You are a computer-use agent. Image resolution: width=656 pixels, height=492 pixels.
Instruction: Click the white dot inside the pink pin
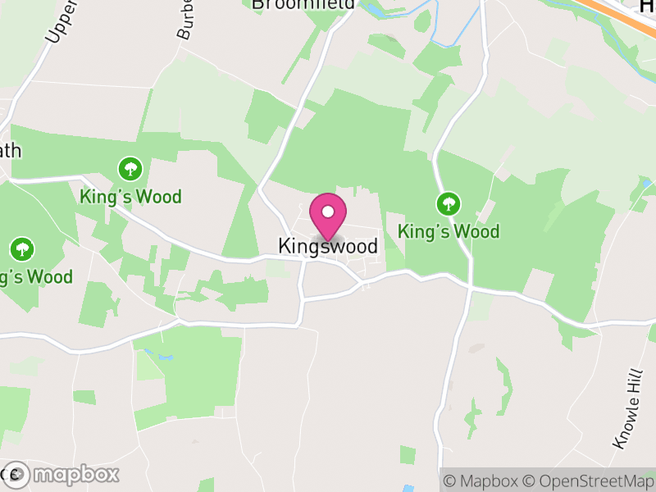[x=328, y=212]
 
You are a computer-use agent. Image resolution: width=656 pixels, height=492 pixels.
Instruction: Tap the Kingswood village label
[x=328, y=246]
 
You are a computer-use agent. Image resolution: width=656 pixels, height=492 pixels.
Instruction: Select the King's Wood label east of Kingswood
[x=449, y=232]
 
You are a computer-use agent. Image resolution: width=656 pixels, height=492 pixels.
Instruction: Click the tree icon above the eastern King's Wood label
[x=448, y=203]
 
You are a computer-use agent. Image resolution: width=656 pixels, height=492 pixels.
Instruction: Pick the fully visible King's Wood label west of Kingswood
[x=131, y=198]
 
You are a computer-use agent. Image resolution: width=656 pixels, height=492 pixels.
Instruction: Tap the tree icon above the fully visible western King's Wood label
[x=130, y=170]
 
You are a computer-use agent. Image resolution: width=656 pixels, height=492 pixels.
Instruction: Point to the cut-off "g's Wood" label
[x=36, y=276]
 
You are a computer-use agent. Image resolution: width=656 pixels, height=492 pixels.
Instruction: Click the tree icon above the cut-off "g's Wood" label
[x=22, y=248]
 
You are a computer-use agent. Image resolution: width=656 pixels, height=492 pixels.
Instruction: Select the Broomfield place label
[x=303, y=5]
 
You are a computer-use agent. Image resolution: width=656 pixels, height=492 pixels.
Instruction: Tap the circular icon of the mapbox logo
[x=17, y=474]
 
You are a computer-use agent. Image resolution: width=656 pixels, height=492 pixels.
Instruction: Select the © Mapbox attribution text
[x=484, y=481]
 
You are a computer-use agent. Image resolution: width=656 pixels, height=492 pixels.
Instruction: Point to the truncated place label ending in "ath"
[x=11, y=151]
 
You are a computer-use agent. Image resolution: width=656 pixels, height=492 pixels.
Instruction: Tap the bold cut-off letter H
[x=647, y=5]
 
